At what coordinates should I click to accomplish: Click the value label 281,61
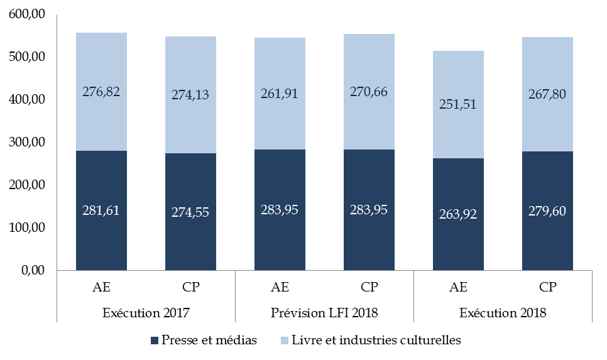101,210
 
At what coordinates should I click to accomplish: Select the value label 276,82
101,92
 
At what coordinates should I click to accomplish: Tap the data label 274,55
190,212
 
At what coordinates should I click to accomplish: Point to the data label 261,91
280,94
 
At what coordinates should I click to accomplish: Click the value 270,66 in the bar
369,92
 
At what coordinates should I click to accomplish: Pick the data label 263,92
458,214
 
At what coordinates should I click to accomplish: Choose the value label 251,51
458,104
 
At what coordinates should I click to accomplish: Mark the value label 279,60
547,210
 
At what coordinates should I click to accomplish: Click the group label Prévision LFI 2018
324,312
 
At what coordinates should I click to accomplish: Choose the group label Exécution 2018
503,312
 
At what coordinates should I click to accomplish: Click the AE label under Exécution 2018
458,288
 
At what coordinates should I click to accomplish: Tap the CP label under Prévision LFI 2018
369,288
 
